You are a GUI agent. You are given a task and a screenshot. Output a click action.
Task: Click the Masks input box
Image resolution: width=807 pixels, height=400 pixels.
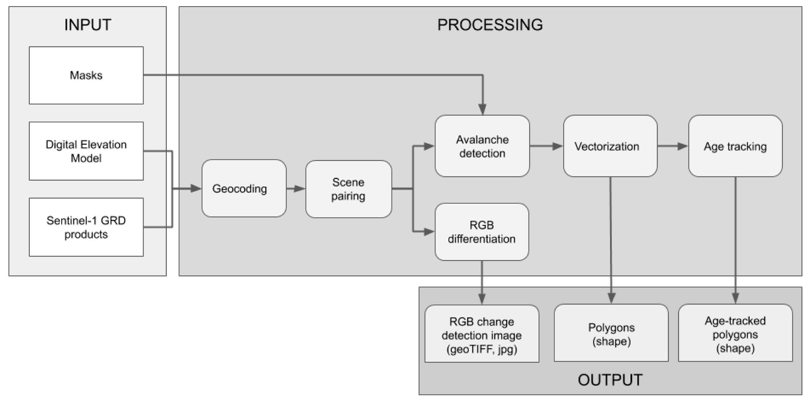pos(86,75)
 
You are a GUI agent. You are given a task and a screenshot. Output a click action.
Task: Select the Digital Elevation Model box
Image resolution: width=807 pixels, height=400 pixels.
pos(86,151)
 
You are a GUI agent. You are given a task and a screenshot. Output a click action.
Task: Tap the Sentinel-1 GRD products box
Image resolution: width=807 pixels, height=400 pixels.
pos(86,227)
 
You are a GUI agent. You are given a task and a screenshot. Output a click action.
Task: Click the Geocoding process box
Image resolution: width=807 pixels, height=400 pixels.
pos(244,188)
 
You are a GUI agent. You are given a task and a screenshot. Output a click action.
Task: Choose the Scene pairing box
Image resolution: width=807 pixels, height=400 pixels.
pos(348,189)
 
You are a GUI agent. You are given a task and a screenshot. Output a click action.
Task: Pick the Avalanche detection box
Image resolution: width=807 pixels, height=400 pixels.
pos(482,146)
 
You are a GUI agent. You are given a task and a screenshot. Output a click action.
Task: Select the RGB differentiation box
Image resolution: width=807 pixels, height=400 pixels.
pos(481,232)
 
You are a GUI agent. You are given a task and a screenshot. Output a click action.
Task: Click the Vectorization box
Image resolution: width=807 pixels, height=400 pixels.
pos(610,146)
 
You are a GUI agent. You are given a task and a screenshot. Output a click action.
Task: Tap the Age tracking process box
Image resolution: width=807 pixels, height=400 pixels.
pos(735,146)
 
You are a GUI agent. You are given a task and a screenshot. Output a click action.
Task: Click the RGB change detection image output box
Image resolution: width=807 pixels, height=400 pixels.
pos(481,334)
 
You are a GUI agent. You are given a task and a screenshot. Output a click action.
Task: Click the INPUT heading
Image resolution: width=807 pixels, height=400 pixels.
pos(87,25)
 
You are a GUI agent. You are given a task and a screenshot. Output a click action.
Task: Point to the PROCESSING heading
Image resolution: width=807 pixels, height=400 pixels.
pos(490,25)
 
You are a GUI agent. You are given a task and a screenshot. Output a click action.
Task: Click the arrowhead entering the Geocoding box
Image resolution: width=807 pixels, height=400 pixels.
pos(196,188)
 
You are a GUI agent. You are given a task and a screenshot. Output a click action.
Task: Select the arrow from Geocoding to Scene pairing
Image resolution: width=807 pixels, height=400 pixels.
pos(296,189)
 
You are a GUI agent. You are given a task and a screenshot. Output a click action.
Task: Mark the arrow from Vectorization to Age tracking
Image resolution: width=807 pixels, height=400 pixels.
pos(673,146)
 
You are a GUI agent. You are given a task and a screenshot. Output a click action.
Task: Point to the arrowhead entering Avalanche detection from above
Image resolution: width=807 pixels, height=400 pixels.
pos(482,109)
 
